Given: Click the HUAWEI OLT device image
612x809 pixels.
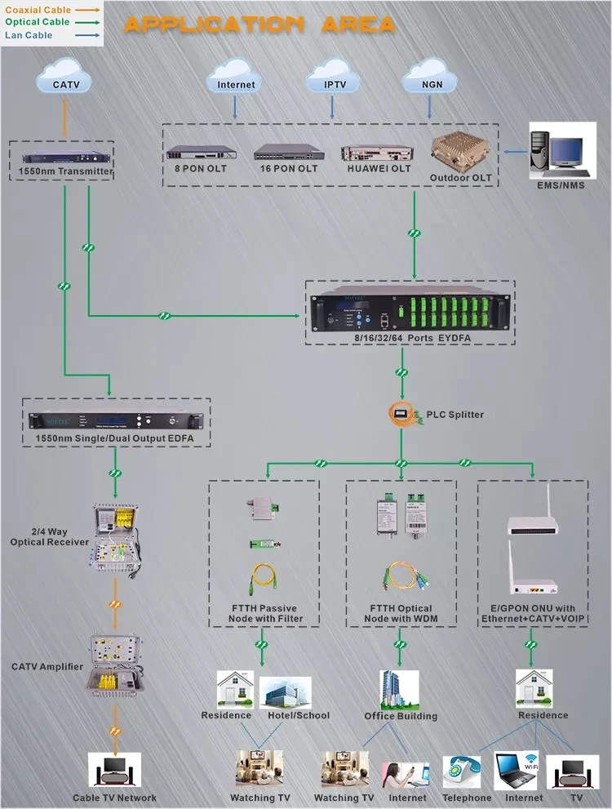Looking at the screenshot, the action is click(x=378, y=153).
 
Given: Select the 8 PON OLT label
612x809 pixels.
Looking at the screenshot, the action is click(x=201, y=168).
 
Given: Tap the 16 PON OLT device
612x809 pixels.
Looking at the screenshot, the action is click(x=289, y=152).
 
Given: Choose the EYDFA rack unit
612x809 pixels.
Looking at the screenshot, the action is click(x=410, y=309).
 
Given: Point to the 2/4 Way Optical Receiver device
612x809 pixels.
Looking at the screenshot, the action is click(x=117, y=539).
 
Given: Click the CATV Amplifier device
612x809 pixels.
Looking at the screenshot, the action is click(x=116, y=665).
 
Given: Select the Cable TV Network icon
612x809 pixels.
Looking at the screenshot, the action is click(x=114, y=770).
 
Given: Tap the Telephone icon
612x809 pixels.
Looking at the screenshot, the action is click(x=462, y=772).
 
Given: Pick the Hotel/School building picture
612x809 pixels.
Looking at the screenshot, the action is click(x=285, y=692).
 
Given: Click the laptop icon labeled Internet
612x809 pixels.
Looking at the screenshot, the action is click(x=516, y=771).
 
